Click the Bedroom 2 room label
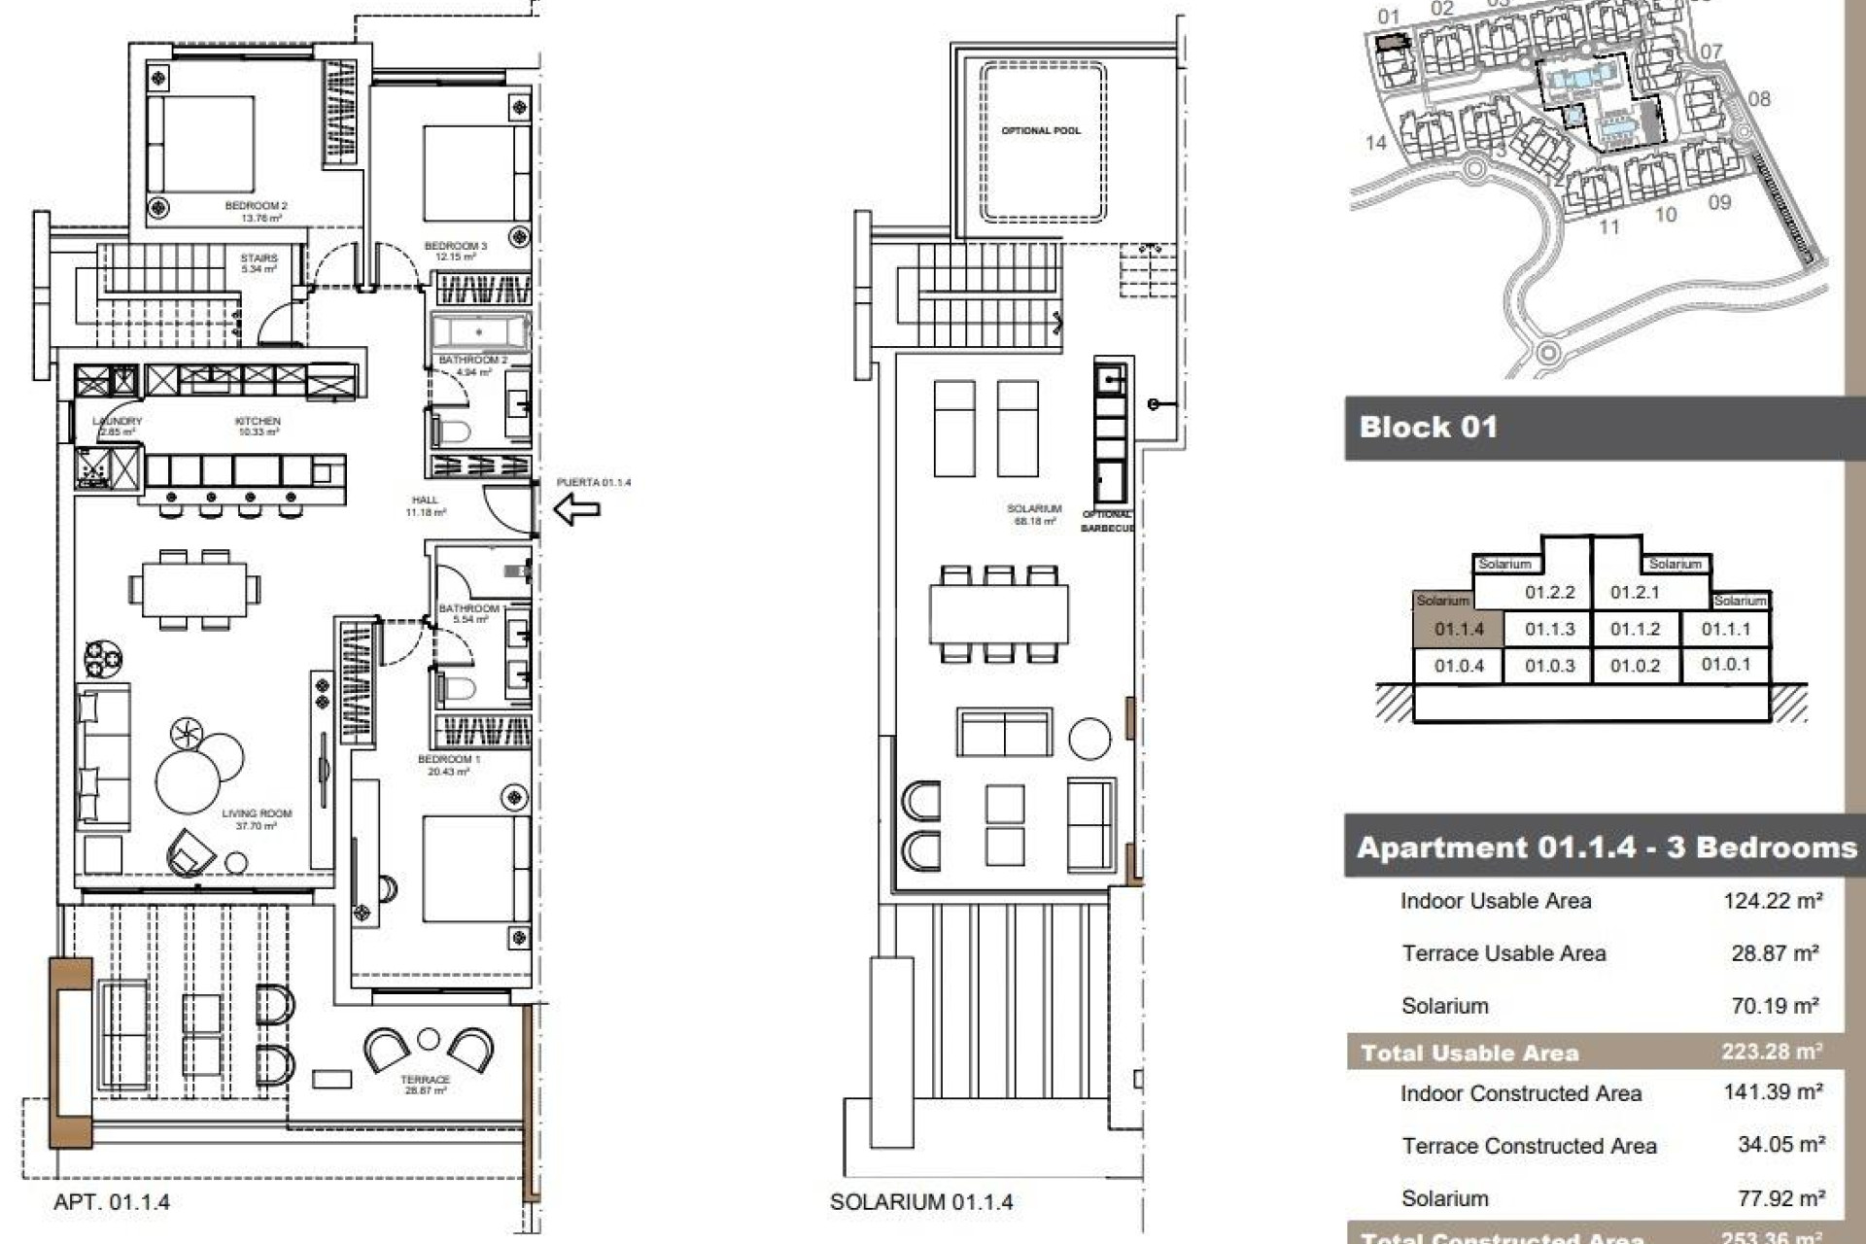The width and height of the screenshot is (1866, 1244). (256, 211)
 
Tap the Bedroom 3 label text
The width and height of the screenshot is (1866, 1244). (455, 251)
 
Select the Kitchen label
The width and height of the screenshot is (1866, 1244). (258, 426)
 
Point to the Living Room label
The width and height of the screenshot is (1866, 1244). (256, 819)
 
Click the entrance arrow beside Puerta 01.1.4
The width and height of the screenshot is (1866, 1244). (576, 508)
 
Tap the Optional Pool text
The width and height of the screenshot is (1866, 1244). (1040, 130)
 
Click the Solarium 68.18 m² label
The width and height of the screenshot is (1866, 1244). (1034, 514)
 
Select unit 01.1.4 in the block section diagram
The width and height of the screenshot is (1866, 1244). (1459, 630)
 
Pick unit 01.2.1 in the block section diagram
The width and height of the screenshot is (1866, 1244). (1635, 592)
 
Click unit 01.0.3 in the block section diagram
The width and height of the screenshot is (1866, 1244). (1549, 666)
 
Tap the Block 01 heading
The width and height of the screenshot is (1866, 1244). (1428, 428)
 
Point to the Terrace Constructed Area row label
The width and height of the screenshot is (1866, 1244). (1528, 1146)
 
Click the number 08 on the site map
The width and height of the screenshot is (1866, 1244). (1759, 99)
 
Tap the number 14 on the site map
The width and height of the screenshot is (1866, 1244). (1375, 143)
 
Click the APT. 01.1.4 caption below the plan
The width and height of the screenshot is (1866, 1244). (112, 1202)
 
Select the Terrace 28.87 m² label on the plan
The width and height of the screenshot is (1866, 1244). (425, 1085)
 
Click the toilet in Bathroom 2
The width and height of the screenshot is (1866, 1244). (453, 431)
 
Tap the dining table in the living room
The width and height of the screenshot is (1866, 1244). (194, 589)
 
